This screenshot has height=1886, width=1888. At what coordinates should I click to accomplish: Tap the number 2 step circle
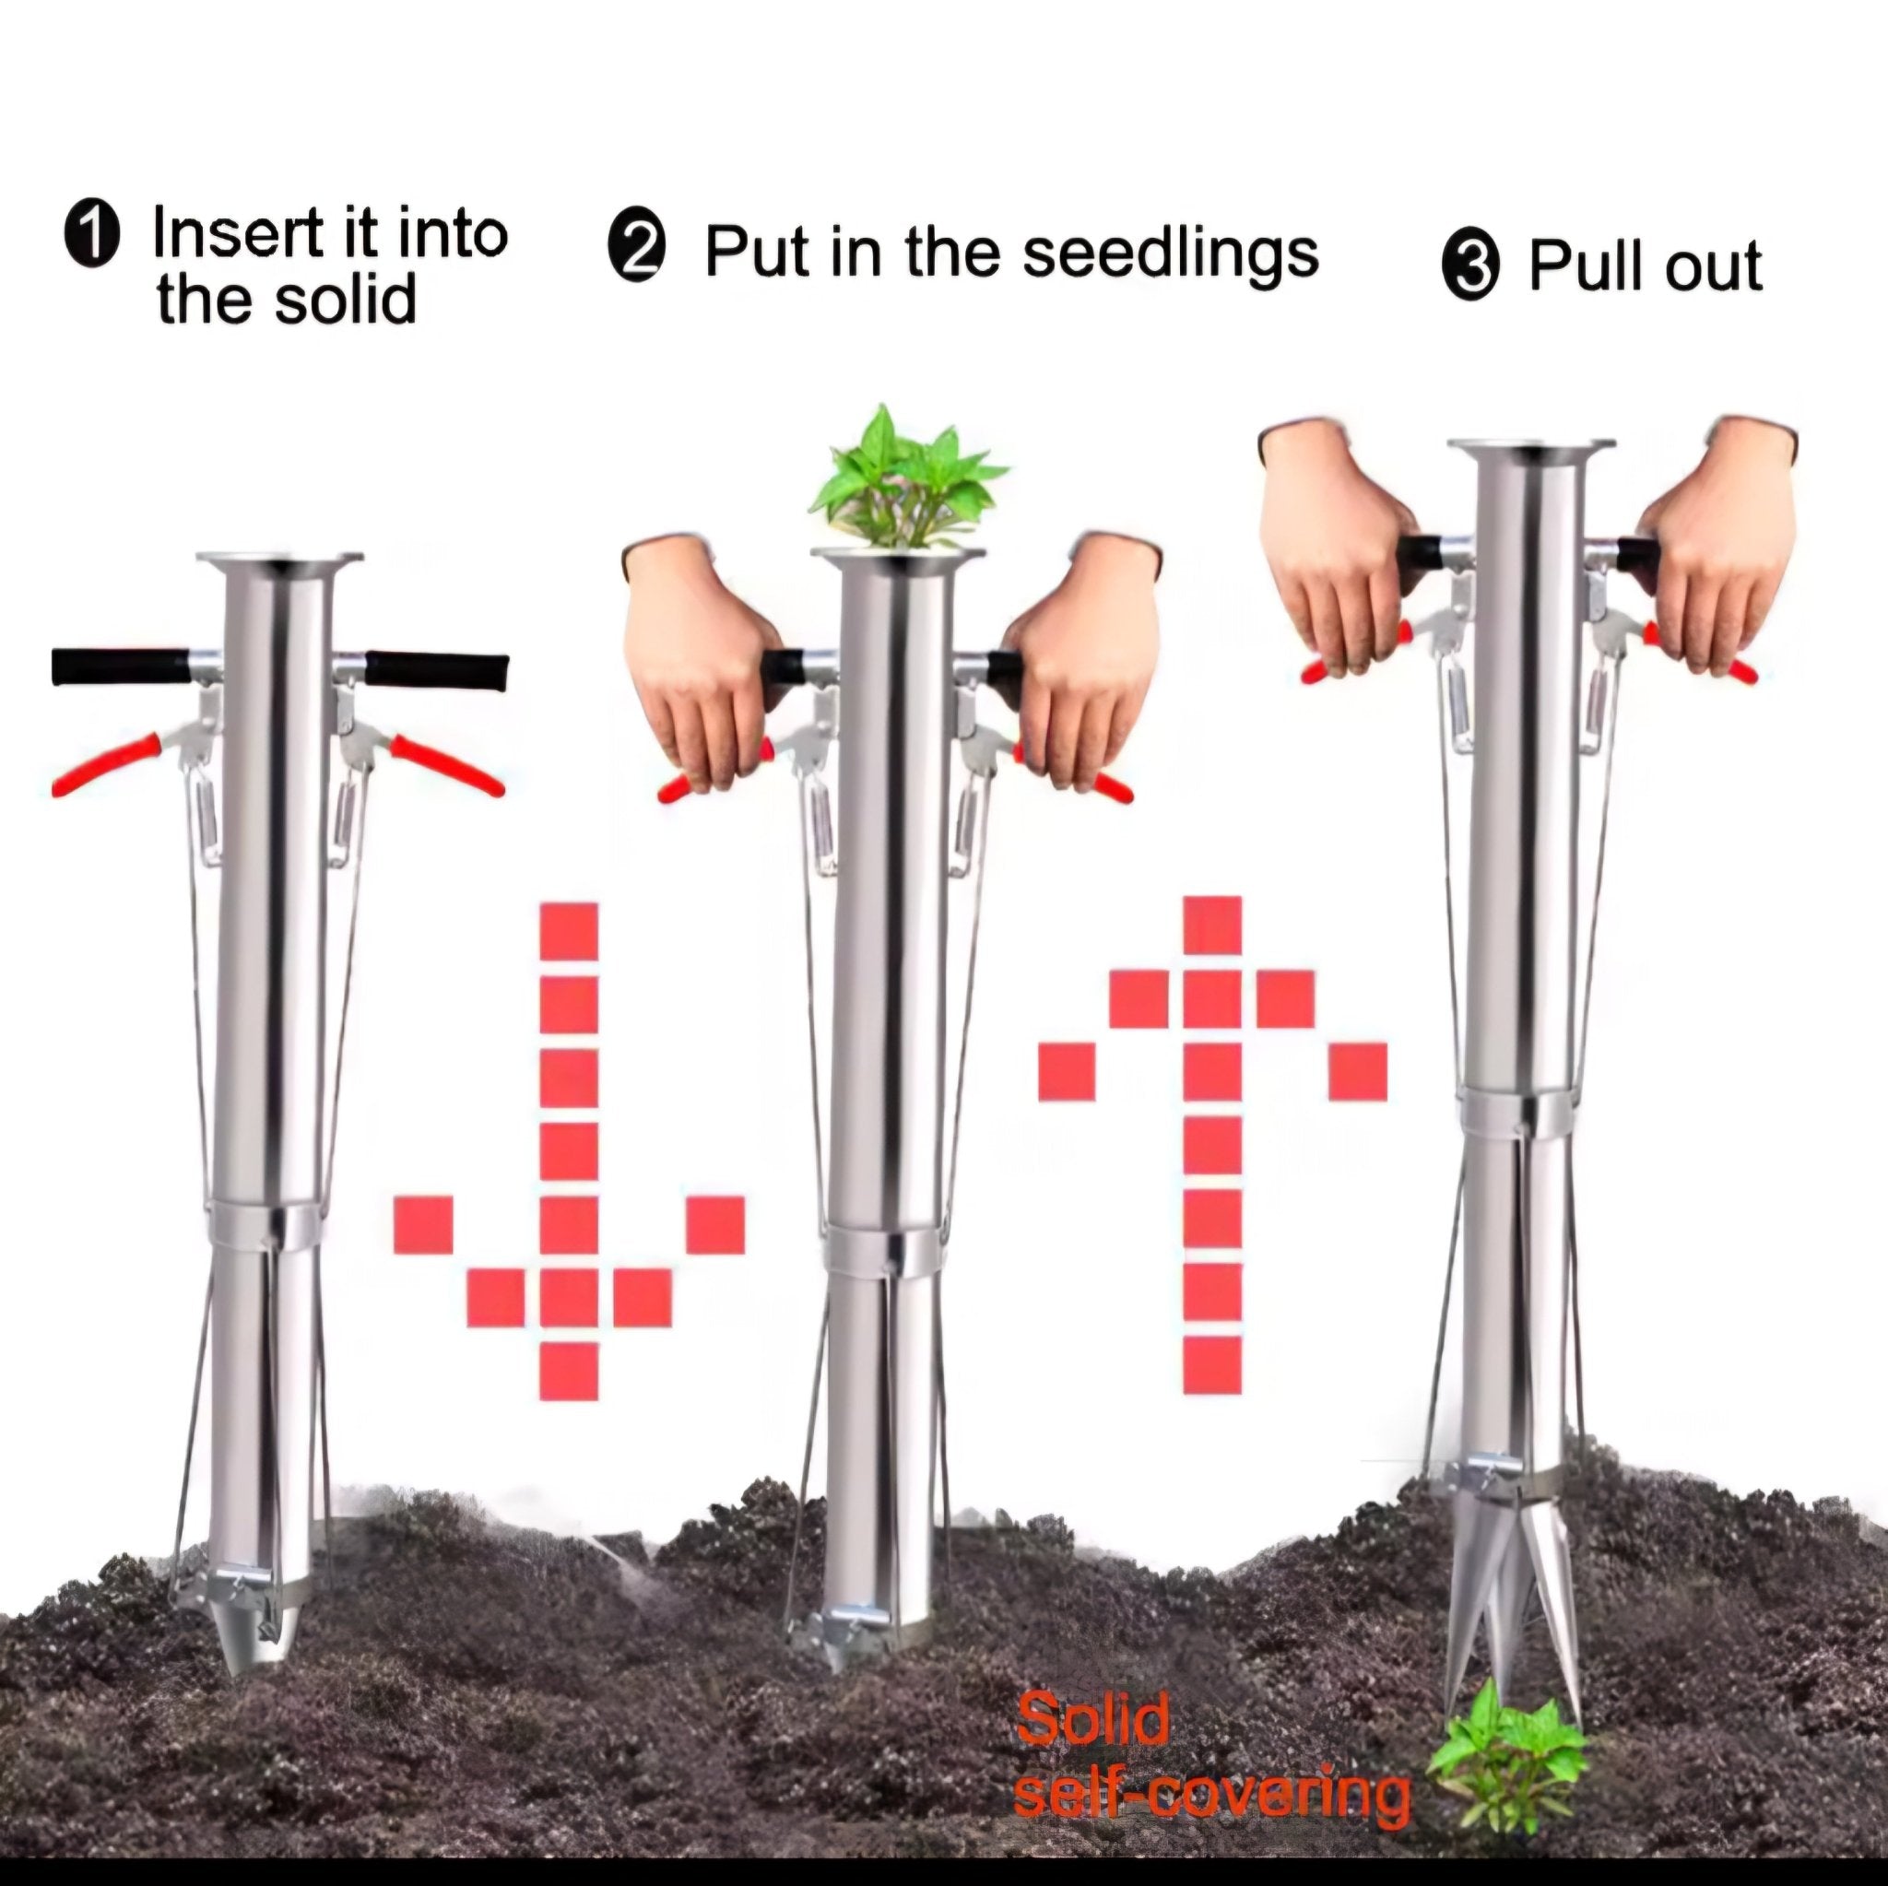click(x=637, y=250)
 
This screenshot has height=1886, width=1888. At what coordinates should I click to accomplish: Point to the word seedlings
click(x=1171, y=255)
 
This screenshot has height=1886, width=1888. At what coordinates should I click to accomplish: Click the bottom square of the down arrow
click(x=569, y=1371)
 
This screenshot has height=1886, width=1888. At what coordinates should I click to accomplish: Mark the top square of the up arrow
click(x=1211, y=925)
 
